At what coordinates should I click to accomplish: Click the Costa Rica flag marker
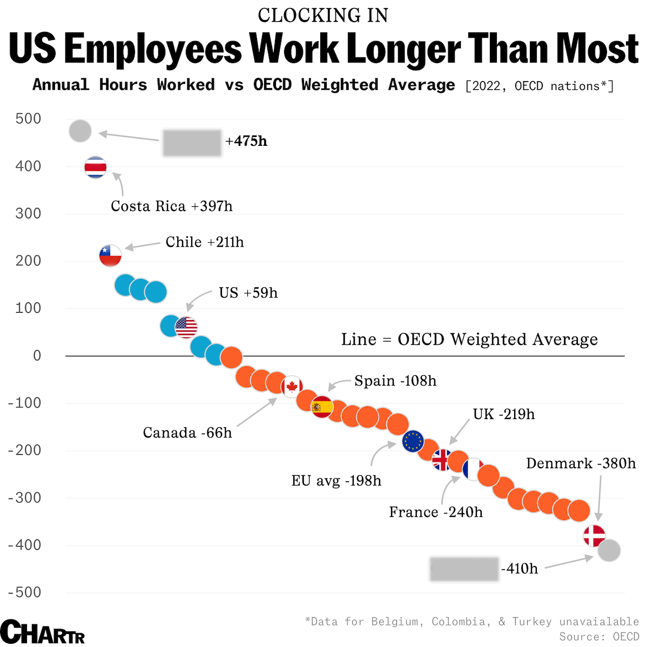point(96,167)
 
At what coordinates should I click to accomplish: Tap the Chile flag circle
point(110,255)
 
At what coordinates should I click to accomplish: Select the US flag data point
point(186,327)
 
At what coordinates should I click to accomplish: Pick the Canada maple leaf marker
point(292,386)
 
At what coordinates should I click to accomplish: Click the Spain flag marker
point(322,407)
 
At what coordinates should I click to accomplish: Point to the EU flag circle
point(413,441)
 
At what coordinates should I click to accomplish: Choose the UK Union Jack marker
point(442,460)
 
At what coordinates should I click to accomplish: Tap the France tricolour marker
point(473,469)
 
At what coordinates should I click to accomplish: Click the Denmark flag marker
point(595,536)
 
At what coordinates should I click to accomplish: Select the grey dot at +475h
point(80,131)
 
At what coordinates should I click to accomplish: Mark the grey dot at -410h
point(609,551)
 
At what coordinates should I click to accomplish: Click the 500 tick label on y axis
point(29,119)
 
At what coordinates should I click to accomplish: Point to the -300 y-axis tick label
point(25,497)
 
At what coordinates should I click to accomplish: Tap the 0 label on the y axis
point(37,355)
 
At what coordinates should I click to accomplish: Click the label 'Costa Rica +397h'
point(172,206)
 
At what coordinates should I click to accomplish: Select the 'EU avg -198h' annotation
point(336,481)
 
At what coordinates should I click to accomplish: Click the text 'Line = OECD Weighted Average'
point(469,339)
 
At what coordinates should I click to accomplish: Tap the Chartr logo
point(43,632)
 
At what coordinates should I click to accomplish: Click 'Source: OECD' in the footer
point(599,637)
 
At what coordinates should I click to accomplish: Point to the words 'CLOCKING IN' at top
point(323,16)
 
